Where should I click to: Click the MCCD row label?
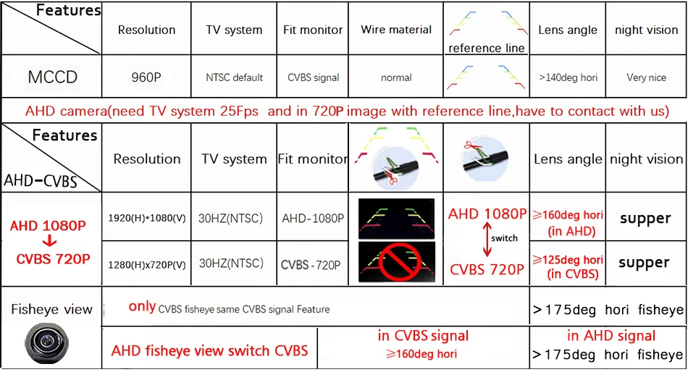click(53, 77)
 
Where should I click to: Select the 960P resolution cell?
click(146, 77)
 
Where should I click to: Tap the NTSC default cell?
click(234, 77)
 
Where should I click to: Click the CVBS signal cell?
click(313, 77)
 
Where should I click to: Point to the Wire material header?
click(396, 30)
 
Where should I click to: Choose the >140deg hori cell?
click(568, 77)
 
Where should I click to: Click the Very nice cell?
click(646, 77)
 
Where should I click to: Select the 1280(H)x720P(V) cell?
click(147, 264)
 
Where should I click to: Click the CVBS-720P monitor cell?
click(310, 265)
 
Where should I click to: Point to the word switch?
click(504, 239)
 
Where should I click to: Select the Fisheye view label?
click(52, 309)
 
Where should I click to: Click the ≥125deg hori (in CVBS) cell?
click(567, 266)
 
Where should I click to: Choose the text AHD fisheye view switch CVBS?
click(209, 351)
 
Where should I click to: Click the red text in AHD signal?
click(611, 336)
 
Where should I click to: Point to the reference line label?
click(486, 48)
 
